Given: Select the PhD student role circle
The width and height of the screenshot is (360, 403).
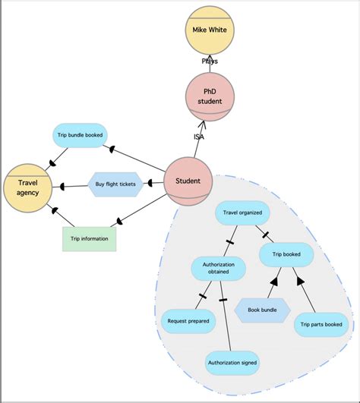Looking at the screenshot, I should pos(210,96).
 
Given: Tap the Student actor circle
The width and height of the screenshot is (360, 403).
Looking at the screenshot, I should pos(188,181).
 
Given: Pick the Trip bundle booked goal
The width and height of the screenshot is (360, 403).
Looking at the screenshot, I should pos(80,136).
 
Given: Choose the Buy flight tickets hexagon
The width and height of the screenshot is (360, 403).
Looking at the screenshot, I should pos(115,184).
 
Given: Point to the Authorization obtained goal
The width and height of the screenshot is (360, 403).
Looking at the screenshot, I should pos(218,268).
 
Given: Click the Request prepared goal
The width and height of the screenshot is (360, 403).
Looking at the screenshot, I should pos(188,320).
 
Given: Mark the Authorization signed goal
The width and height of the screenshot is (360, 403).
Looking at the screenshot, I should pos(232,363).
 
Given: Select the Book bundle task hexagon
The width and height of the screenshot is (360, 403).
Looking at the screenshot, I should pos(262,310).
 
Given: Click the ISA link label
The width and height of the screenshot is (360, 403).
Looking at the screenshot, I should pos(198,137).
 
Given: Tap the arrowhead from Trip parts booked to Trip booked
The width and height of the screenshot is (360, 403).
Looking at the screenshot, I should pos(301,282).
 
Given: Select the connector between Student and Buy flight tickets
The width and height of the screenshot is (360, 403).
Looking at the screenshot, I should pos(156,183).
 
